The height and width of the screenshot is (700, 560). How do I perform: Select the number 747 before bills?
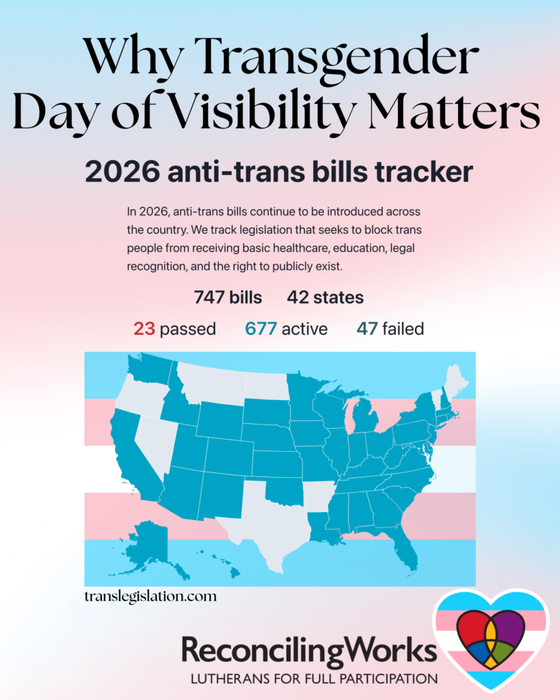(x=210, y=298)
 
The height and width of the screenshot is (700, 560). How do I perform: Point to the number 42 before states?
(x=298, y=298)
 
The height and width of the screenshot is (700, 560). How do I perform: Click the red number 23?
(x=144, y=329)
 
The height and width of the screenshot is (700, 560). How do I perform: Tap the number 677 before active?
(x=261, y=329)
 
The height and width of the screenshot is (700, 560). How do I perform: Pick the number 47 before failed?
(x=366, y=329)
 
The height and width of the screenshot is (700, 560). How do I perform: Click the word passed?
(x=187, y=329)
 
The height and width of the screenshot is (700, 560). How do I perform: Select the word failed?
(x=403, y=329)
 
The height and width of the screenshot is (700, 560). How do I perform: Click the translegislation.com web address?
(x=150, y=596)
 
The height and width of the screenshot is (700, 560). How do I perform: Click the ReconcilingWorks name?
(x=308, y=651)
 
